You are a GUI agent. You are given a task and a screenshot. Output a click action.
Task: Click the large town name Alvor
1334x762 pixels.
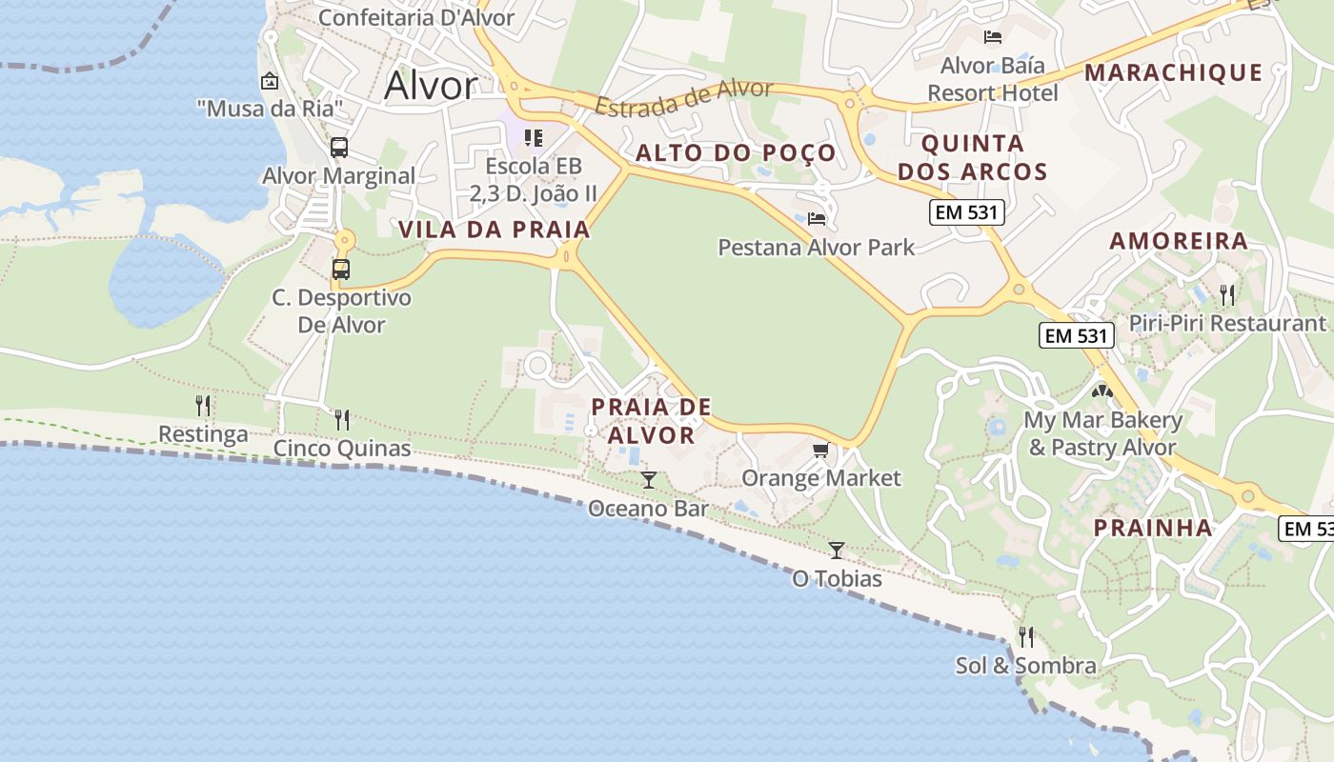click(x=430, y=87)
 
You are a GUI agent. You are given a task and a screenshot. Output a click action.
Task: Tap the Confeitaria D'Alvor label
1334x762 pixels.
click(x=415, y=17)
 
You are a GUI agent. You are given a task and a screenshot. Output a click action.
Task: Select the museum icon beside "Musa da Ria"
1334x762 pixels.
click(x=270, y=82)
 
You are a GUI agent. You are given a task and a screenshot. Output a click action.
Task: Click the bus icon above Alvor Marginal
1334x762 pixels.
click(x=338, y=148)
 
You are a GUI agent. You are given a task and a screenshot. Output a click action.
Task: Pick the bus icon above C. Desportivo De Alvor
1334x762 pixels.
click(x=340, y=270)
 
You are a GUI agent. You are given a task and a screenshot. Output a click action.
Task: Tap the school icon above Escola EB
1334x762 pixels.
click(x=533, y=139)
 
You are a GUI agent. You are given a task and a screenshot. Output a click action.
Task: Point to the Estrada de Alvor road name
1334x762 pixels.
click(x=683, y=96)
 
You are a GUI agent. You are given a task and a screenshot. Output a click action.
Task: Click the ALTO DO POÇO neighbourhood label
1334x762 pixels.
click(x=736, y=152)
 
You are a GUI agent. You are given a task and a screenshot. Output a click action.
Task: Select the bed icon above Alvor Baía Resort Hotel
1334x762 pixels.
click(x=992, y=37)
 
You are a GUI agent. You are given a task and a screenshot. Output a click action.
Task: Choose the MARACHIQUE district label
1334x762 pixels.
click(x=1173, y=72)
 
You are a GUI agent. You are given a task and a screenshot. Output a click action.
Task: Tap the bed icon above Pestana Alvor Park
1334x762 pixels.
click(x=817, y=219)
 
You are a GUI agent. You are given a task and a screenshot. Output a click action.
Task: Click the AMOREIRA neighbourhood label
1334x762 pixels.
click(x=1179, y=240)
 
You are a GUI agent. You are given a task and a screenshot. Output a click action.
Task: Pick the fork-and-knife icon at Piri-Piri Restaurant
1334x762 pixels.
click(x=1227, y=294)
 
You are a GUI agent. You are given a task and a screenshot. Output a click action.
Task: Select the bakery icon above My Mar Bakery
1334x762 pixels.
click(x=1102, y=391)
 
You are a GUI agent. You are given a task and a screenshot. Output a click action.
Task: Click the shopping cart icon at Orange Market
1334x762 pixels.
click(x=820, y=450)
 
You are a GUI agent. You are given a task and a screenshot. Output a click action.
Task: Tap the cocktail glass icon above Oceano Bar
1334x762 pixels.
click(x=649, y=479)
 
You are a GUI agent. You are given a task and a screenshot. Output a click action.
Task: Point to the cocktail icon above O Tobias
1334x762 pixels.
click(x=837, y=550)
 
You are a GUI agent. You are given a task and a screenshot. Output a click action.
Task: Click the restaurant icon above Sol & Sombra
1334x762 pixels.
click(x=1026, y=636)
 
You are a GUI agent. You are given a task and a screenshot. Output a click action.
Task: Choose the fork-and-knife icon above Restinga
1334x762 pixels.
click(x=203, y=406)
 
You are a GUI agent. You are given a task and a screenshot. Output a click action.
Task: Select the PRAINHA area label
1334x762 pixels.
click(x=1152, y=528)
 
